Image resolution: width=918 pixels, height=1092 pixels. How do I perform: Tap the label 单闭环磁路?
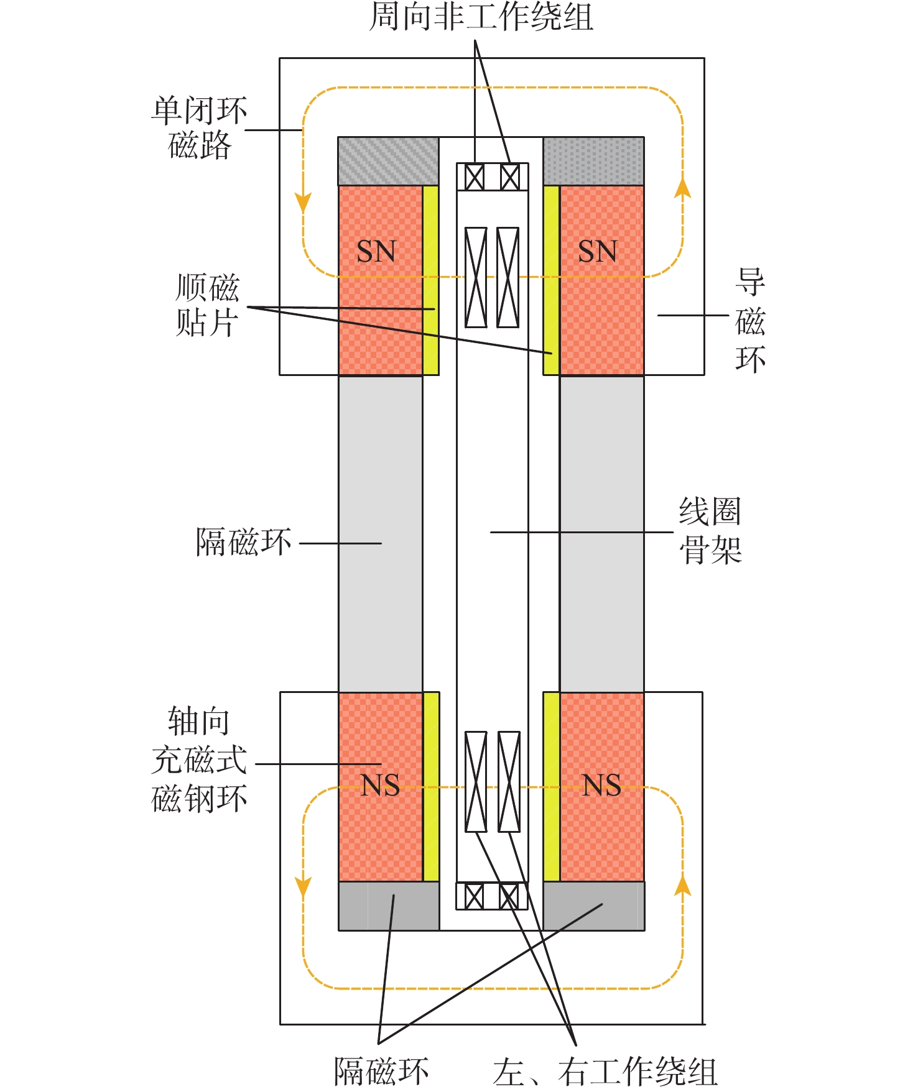point(200,127)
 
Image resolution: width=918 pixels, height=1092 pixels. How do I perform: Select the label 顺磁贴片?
point(207,305)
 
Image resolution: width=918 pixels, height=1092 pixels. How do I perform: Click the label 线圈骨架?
point(710,531)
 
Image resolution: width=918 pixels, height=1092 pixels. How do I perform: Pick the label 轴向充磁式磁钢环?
point(199,760)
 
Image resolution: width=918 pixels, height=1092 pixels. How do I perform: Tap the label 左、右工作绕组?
point(605,1070)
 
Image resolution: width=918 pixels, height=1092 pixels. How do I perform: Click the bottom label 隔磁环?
point(381,1070)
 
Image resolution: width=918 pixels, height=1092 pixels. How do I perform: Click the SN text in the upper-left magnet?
point(376,252)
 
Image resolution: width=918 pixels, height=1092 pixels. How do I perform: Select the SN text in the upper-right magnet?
point(597,252)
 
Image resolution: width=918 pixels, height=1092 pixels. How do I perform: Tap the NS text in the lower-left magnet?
point(380,786)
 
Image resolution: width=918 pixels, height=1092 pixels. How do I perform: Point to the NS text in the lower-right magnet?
point(601,786)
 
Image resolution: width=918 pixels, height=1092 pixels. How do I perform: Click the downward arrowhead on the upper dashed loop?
point(303,203)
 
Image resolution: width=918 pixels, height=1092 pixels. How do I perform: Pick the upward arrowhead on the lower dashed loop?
point(683,885)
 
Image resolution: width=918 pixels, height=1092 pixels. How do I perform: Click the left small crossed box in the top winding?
point(475,178)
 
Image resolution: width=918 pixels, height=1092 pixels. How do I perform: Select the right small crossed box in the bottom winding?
point(509,896)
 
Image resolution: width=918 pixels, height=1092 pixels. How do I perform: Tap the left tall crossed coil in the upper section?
point(476,277)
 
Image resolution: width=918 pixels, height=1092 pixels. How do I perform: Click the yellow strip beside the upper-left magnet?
point(430,280)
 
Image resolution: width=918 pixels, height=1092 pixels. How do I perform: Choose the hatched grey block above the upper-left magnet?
point(388,161)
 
